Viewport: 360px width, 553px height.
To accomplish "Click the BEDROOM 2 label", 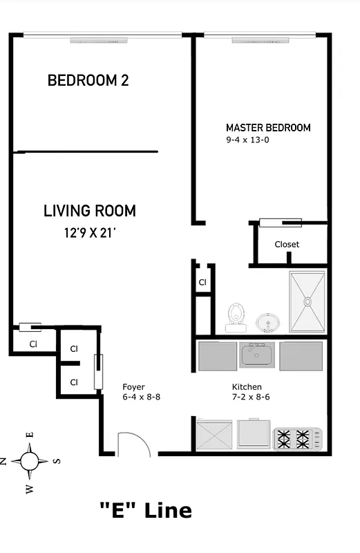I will (x=88, y=81).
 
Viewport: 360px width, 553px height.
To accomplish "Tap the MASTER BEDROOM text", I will (x=268, y=128).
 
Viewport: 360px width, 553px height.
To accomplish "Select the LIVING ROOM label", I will (x=90, y=211).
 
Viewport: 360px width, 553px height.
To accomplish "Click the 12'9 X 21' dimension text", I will (x=90, y=233).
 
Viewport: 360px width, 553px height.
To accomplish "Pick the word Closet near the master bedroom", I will (x=287, y=245).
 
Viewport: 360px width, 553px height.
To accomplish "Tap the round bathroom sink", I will (x=267, y=322).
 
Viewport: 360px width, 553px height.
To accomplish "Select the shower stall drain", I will (x=307, y=301).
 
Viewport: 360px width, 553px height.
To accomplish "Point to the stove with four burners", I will (x=298, y=437).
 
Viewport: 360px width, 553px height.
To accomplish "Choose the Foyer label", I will (x=133, y=387).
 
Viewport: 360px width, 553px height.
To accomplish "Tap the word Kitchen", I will (x=247, y=387).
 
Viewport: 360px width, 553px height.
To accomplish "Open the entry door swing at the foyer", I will (x=133, y=444).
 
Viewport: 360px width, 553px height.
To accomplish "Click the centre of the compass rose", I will (x=30, y=460).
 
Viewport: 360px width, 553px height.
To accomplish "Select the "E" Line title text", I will (x=145, y=511).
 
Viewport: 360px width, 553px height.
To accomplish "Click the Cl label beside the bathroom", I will (x=202, y=282).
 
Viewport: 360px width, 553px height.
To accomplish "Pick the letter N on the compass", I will (x=3, y=461).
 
